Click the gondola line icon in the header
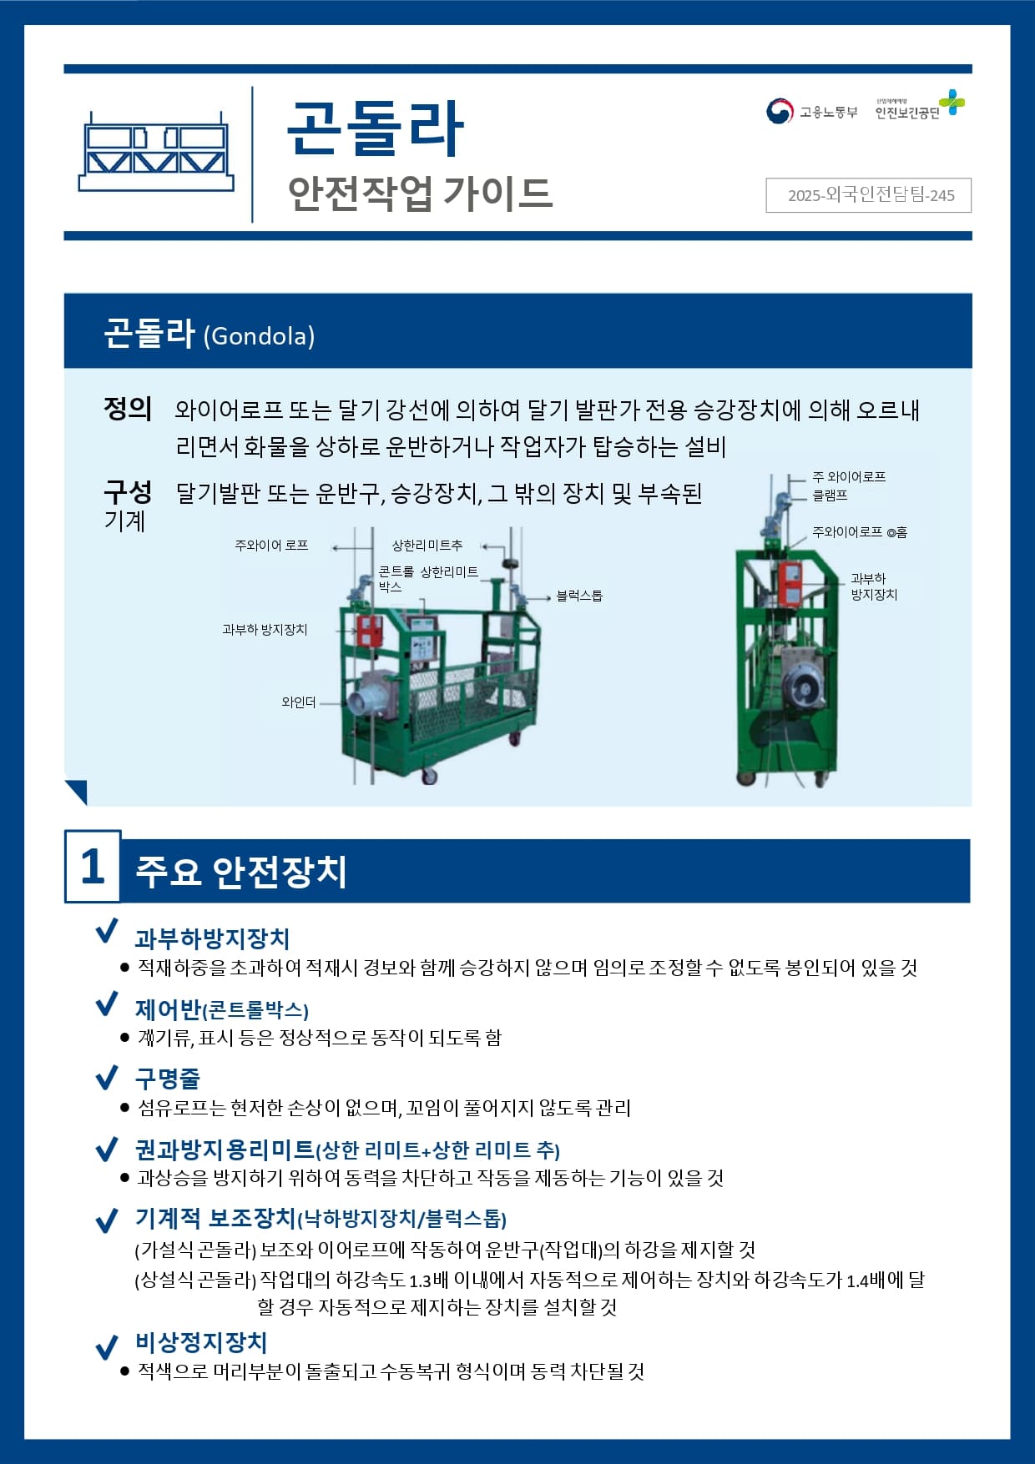click(156, 152)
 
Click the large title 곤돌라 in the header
click(375, 128)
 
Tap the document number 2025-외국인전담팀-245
click(870, 195)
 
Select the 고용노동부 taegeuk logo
click(780, 111)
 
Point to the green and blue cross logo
click(952, 103)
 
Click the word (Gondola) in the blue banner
click(259, 336)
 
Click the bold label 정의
click(128, 409)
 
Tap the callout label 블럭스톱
click(579, 596)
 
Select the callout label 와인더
click(299, 702)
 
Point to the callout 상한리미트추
click(427, 546)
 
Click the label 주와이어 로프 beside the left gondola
click(271, 546)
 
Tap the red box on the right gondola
click(790, 583)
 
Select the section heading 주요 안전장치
click(241, 871)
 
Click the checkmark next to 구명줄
click(107, 1077)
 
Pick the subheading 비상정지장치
click(201, 1342)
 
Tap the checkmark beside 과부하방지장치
click(107, 932)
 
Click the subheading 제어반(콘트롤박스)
click(222, 1009)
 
